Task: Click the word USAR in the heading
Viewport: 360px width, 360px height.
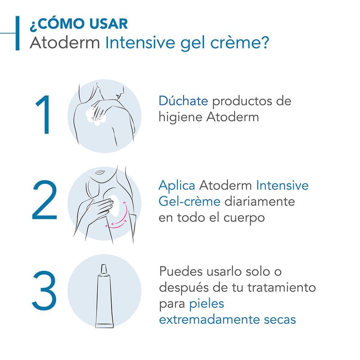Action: [108, 24]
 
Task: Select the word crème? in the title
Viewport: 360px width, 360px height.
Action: [239, 42]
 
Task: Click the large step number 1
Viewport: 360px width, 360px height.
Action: [44, 114]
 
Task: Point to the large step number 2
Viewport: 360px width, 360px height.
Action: [44, 200]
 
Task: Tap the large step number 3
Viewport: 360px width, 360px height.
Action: [44, 290]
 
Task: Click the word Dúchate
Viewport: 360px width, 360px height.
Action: [183, 101]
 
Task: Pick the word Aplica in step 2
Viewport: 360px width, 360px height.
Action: [177, 185]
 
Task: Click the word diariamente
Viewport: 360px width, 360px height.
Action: [260, 202]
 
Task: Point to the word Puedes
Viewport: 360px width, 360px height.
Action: [181, 271]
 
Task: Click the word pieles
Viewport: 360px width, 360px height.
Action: [207, 304]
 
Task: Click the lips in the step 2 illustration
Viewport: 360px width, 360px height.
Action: [100, 172]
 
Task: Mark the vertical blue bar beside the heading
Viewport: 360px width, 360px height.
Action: [18, 33]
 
